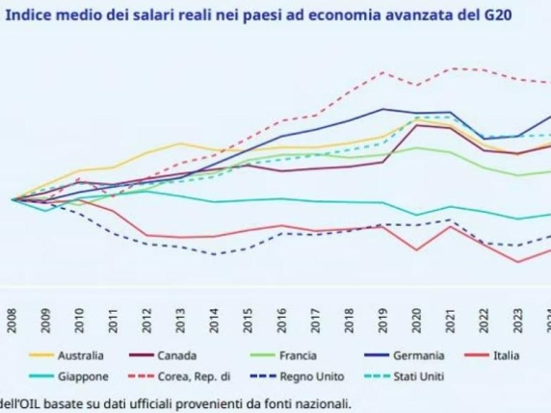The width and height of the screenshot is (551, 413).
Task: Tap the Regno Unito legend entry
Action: coord(304,376)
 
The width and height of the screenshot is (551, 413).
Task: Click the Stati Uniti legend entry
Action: coord(409,376)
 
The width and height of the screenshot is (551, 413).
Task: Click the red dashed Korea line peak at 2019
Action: coord(383,72)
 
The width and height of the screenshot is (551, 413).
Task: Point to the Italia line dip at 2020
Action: coord(417,250)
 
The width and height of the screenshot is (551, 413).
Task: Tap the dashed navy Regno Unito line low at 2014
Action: coord(215,254)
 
